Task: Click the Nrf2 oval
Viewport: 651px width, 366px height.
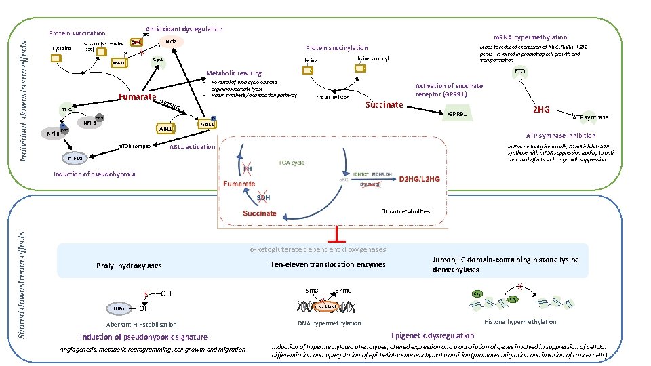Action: click(x=172, y=42)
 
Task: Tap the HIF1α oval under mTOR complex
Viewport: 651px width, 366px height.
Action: click(x=75, y=159)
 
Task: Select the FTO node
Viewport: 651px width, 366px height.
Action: click(x=519, y=71)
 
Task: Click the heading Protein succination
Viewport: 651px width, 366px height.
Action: click(x=77, y=33)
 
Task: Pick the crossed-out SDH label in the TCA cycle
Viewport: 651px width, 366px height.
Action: click(x=263, y=197)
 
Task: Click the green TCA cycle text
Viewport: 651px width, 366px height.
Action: click(x=292, y=163)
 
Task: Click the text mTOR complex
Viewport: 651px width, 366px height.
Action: click(x=134, y=146)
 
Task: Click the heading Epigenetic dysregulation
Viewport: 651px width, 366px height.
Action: click(x=433, y=335)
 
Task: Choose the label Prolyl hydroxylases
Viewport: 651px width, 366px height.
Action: click(x=130, y=266)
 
